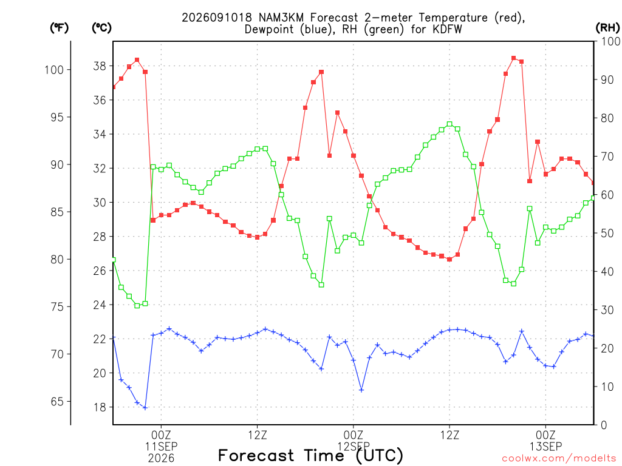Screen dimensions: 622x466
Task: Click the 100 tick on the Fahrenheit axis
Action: point(54,70)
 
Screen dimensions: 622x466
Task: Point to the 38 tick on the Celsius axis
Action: point(100,66)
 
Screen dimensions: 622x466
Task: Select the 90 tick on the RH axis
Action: point(607,79)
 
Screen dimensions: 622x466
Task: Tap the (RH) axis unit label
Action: point(607,28)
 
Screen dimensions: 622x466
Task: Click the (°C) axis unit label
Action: point(101,28)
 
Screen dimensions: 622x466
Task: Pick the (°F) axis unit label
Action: point(59,28)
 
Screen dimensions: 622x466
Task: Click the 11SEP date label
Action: point(161,447)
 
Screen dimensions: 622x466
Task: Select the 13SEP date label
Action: point(546,447)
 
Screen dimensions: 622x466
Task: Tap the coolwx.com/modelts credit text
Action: point(559,459)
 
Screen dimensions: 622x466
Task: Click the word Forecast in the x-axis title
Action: point(256,456)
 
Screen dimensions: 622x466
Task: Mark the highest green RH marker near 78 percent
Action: point(449,124)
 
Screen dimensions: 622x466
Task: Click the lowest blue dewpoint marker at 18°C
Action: point(145,408)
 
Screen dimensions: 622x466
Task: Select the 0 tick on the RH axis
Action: point(604,425)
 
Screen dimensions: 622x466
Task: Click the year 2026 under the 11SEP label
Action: point(161,459)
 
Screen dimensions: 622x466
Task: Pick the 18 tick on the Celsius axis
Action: point(100,407)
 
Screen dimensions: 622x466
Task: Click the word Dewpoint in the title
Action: point(269,29)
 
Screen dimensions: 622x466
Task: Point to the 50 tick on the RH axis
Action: point(607,233)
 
